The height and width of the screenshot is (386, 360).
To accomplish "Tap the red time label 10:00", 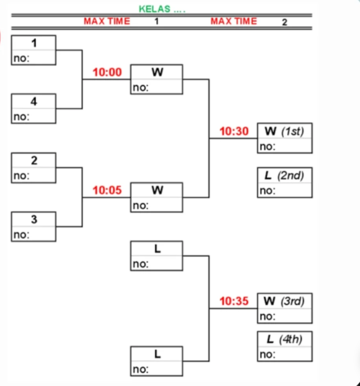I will tap(107, 72).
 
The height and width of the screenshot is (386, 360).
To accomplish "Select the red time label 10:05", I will tap(107, 191).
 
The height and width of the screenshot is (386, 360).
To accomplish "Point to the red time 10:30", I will tap(234, 131).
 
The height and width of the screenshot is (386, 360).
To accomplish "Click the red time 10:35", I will tap(234, 301).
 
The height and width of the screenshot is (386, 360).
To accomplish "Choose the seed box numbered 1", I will tap(33, 50).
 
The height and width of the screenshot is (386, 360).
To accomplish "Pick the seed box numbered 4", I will tap(33, 108).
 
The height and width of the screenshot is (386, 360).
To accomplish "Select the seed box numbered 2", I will tap(33, 168).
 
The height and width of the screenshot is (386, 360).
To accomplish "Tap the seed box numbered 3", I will tap(33, 226).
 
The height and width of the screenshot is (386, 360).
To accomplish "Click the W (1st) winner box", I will tap(284, 138).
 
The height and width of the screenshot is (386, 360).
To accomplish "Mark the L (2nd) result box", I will tap(284, 183).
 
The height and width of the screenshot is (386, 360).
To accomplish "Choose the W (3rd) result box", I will tap(284, 308).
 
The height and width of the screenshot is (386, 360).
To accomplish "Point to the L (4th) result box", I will tap(284, 346).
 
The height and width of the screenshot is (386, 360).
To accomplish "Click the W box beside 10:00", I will tap(157, 79).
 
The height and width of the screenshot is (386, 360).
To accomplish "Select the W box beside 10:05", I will tap(157, 197).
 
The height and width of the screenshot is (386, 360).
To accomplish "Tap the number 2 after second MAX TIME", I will tap(284, 22).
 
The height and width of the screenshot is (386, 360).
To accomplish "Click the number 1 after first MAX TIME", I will tap(157, 21).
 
